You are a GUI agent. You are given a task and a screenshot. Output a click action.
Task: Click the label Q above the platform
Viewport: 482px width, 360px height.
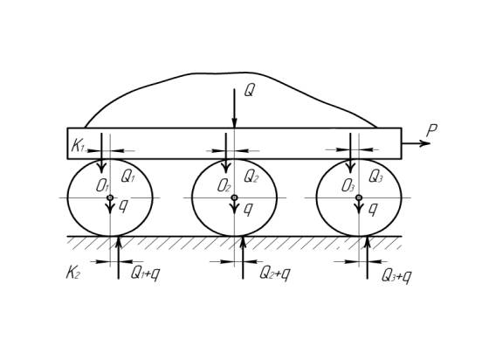click(249, 91)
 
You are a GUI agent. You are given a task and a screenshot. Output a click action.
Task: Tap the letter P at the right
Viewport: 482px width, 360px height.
click(432, 131)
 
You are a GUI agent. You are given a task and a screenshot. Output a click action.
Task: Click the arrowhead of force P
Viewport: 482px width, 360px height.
click(426, 143)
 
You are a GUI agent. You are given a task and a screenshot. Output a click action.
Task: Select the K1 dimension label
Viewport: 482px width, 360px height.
click(78, 146)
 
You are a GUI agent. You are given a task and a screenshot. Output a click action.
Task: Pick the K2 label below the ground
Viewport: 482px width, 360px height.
click(72, 273)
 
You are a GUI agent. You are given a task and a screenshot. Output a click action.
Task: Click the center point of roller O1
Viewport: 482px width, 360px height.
click(110, 197)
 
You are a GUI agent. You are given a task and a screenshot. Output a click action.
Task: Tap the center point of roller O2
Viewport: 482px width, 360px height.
click(235, 197)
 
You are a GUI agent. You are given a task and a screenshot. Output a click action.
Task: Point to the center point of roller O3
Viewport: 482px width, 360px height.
click(359, 197)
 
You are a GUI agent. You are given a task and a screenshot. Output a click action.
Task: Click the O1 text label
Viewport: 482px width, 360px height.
click(102, 186)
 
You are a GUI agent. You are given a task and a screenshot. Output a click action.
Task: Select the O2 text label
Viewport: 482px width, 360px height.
click(224, 186)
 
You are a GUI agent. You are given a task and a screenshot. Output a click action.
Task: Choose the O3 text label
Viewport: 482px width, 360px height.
click(348, 186)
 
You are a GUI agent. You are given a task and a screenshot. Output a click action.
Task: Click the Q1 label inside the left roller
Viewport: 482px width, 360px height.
click(127, 176)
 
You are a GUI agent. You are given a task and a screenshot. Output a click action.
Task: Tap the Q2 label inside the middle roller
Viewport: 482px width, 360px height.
click(251, 176)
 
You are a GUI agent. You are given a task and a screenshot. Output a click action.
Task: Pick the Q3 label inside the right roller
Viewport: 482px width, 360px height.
click(375, 176)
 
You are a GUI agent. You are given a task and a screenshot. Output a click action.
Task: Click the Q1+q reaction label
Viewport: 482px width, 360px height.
click(146, 273)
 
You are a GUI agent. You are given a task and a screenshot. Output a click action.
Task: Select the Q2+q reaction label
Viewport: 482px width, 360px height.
click(274, 273)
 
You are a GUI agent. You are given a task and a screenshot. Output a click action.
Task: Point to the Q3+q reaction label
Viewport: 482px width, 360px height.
click(396, 276)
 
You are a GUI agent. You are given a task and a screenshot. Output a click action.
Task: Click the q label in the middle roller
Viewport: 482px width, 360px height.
click(248, 209)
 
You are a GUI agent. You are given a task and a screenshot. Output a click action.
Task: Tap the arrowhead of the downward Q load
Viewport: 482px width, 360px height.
click(235, 123)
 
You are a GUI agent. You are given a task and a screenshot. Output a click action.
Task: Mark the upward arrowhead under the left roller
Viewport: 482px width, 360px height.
click(119, 242)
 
